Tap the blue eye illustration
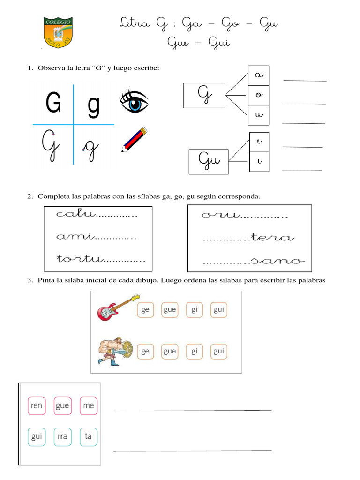click(135, 102)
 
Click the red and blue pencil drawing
click(134, 139)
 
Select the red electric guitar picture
click(117, 307)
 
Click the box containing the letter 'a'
click(258, 75)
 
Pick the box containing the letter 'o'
click(258, 95)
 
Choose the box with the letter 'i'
click(258, 162)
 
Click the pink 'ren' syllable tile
click(36, 405)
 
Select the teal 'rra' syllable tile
click(62, 436)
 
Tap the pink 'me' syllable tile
click(88, 405)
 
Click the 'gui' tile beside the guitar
click(218, 310)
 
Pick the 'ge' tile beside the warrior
click(145, 351)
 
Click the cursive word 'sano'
click(277, 260)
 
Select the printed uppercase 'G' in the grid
click(53, 103)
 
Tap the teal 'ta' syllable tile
click(88, 436)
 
